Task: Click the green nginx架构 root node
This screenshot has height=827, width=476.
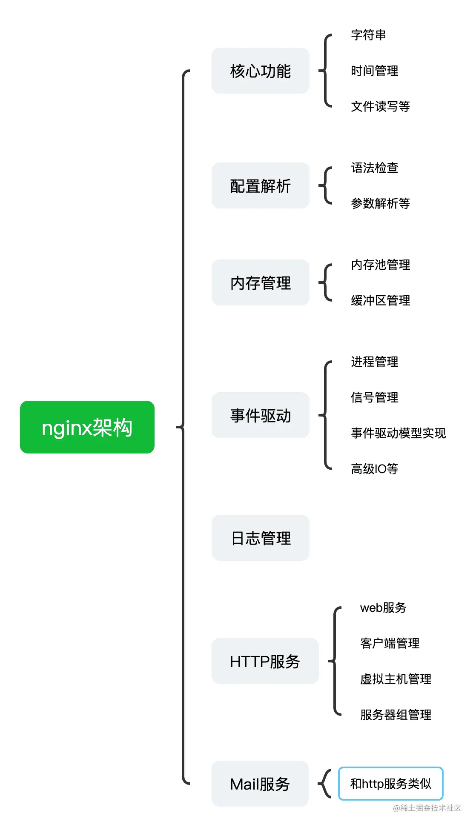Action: [87, 427]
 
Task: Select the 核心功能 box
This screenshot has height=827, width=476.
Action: [260, 71]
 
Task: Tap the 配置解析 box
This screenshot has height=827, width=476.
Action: [260, 185]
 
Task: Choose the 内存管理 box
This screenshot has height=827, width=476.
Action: [260, 282]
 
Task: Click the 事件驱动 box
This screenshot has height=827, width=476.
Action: [260, 415]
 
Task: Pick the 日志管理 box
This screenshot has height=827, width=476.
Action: [260, 538]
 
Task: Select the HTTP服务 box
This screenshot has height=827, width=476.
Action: [265, 661]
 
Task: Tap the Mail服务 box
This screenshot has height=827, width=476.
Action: [260, 784]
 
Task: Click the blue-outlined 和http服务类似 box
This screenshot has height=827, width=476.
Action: [390, 784]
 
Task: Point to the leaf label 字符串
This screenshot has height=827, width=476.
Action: [368, 35]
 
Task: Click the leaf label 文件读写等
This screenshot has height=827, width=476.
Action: [380, 106]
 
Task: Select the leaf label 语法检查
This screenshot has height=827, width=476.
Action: [374, 168]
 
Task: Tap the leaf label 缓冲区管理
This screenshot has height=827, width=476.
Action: [380, 300]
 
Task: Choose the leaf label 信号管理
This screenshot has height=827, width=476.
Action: [374, 397]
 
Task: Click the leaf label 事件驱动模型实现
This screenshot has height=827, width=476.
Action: [398, 433]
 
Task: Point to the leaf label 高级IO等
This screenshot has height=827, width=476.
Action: [374, 469]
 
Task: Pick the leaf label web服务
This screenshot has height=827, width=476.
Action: [383, 607]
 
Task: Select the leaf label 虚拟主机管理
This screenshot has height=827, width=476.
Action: [396, 679]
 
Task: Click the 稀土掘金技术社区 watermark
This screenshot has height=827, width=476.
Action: [427, 808]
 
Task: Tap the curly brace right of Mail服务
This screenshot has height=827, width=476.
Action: [325, 784]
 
